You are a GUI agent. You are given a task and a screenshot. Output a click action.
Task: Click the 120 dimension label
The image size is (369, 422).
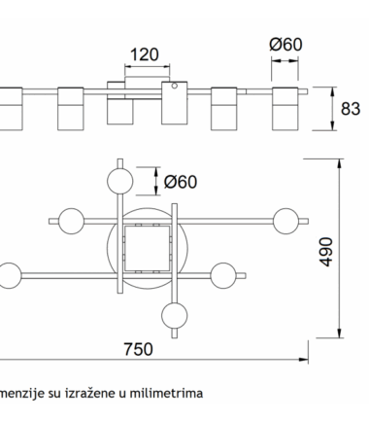(x=145, y=54)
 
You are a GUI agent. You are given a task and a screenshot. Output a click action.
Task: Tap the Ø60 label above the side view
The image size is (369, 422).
(x=285, y=44)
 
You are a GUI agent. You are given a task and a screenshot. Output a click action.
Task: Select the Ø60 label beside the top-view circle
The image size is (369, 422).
(x=181, y=182)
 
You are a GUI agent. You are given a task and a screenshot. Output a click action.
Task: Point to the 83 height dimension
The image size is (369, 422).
(x=351, y=109)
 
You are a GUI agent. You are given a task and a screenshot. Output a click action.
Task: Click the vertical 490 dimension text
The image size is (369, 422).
(x=326, y=252)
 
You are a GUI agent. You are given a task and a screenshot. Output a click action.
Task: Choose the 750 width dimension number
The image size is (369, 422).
(x=138, y=349)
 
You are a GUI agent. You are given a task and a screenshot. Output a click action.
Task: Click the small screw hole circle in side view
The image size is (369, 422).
(x=175, y=86)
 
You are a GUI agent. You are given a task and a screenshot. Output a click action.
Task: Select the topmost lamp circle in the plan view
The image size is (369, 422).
(x=120, y=181)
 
